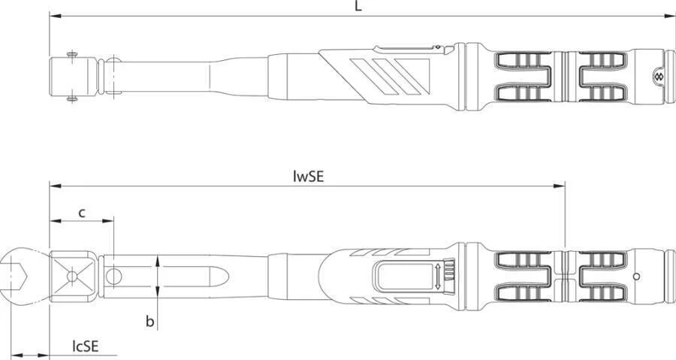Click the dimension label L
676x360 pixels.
pos(358,6)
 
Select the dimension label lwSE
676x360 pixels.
pos(308,177)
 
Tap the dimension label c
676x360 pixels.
pos(81,213)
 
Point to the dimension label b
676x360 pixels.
pos(149,321)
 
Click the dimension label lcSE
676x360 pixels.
pos(86,346)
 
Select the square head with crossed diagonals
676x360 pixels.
pos(72,276)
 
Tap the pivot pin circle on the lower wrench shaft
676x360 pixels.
pos(114,277)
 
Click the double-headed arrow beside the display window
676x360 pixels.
pos(438,277)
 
